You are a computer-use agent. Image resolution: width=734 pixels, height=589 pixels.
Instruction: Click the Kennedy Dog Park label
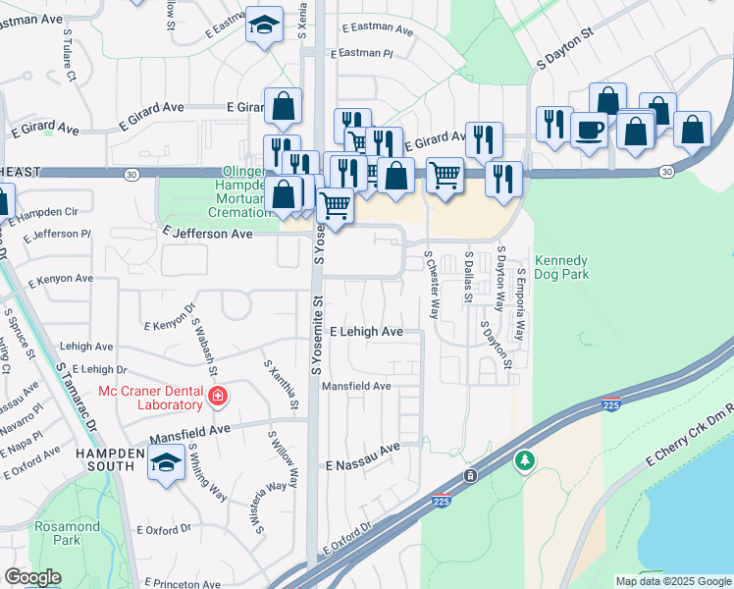point(561,268)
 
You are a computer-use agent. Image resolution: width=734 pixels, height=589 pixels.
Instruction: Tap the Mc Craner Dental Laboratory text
point(150,398)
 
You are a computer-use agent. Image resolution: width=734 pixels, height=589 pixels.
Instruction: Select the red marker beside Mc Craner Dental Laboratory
point(217,398)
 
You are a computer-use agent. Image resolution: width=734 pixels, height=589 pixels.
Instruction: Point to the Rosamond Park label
point(67,533)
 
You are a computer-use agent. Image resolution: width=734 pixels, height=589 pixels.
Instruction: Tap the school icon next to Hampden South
point(167,461)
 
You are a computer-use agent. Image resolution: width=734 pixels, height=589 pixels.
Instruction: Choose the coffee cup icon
point(589,130)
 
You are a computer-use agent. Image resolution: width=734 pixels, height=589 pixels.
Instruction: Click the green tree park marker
point(526,459)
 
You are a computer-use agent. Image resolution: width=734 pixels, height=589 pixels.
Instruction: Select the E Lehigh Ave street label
point(366,332)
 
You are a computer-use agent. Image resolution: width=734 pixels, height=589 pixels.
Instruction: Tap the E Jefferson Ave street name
point(207,235)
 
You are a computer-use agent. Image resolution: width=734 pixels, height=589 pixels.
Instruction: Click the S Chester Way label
point(431,284)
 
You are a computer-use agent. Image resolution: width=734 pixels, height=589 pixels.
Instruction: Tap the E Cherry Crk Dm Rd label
point(688,433)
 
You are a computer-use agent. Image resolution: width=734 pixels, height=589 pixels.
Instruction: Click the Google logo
point(32,577)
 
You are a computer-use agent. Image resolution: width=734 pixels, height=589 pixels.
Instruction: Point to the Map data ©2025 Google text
point(673,581)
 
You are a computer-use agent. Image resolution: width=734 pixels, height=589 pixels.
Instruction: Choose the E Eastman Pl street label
point(361,55)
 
